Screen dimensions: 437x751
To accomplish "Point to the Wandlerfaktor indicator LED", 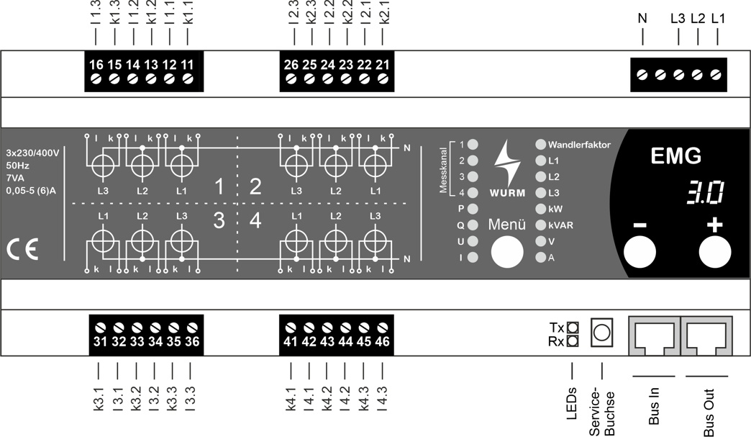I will click(x=541, y=145).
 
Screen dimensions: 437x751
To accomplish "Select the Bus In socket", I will click(x=653, y=335).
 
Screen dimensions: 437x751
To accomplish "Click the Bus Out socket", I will click(x=708, y=335).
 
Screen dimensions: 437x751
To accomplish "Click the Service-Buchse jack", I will click(x=602, y=332).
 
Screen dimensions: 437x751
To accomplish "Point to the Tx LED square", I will click(x=573, y=327).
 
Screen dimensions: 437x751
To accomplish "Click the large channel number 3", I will click(x=219, y=221).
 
